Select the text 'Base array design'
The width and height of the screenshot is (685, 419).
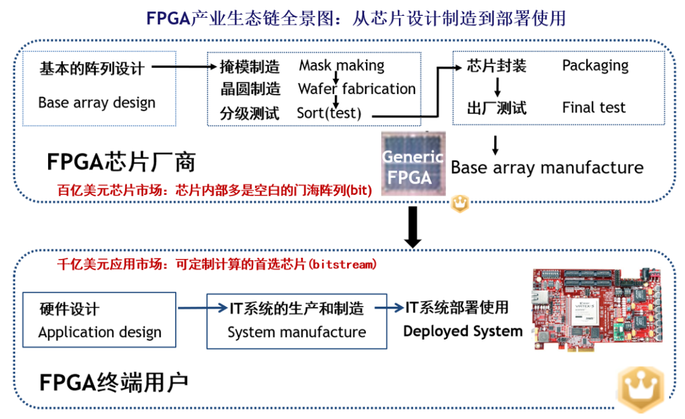pos(96,103)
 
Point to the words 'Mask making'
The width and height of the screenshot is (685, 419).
pos(341,65)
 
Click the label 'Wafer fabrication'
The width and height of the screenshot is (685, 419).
pos(356,89)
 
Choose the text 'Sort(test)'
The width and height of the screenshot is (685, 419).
pos(329,114)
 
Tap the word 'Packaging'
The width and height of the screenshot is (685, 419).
pos(595,65)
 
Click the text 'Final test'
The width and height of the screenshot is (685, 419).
pos(594,108)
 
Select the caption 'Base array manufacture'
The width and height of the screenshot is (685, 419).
pos(547,168)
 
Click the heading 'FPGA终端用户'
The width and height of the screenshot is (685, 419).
pos(114,382)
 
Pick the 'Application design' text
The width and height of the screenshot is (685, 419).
pos(100,332)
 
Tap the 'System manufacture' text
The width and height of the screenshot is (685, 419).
pos(296,332)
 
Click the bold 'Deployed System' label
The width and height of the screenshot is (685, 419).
pos(462,331)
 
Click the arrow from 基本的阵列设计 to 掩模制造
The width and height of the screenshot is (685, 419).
pos(184,66)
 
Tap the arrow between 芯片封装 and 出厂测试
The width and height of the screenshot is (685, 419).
pos(498,86)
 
